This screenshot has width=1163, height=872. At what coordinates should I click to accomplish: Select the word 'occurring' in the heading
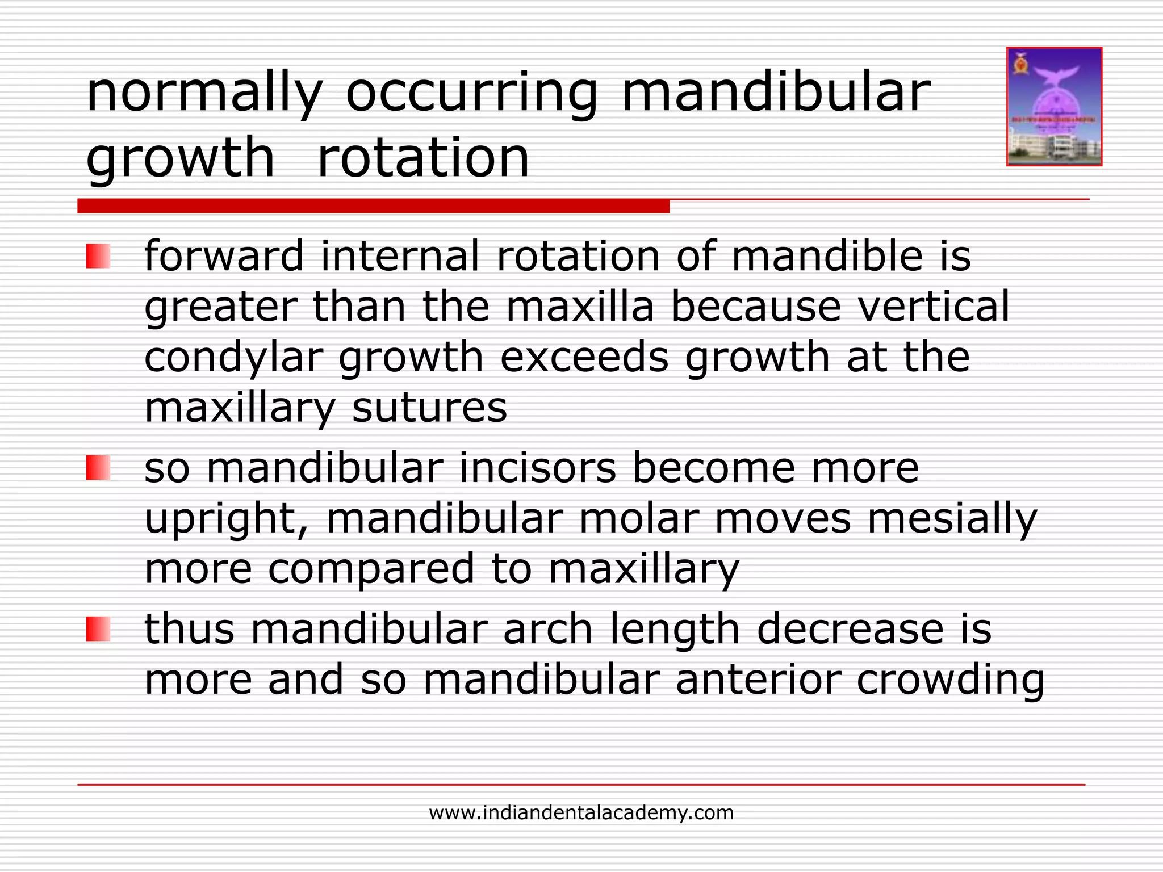coord(471,94)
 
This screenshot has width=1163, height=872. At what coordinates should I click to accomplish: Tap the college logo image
coord(1054,107)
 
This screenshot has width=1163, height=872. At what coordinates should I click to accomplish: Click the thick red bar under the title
coord(373,206)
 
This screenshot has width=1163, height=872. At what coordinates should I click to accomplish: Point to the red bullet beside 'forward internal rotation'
coord(98,256)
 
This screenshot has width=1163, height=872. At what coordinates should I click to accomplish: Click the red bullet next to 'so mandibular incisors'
coord(98,468)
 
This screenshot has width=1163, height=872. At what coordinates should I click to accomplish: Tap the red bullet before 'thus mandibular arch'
coord(98,630)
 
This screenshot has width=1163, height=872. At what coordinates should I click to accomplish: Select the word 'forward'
coord(224,256)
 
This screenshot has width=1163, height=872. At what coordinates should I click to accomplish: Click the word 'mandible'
coord(827,256)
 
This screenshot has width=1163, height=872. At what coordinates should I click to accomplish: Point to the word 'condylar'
coord(233,358)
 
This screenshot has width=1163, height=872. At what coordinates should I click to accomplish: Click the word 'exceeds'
coord(584,358)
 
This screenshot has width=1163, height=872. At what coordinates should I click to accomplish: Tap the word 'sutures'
coord(429,408)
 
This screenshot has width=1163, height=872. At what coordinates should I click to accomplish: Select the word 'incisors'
coord(537,468)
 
